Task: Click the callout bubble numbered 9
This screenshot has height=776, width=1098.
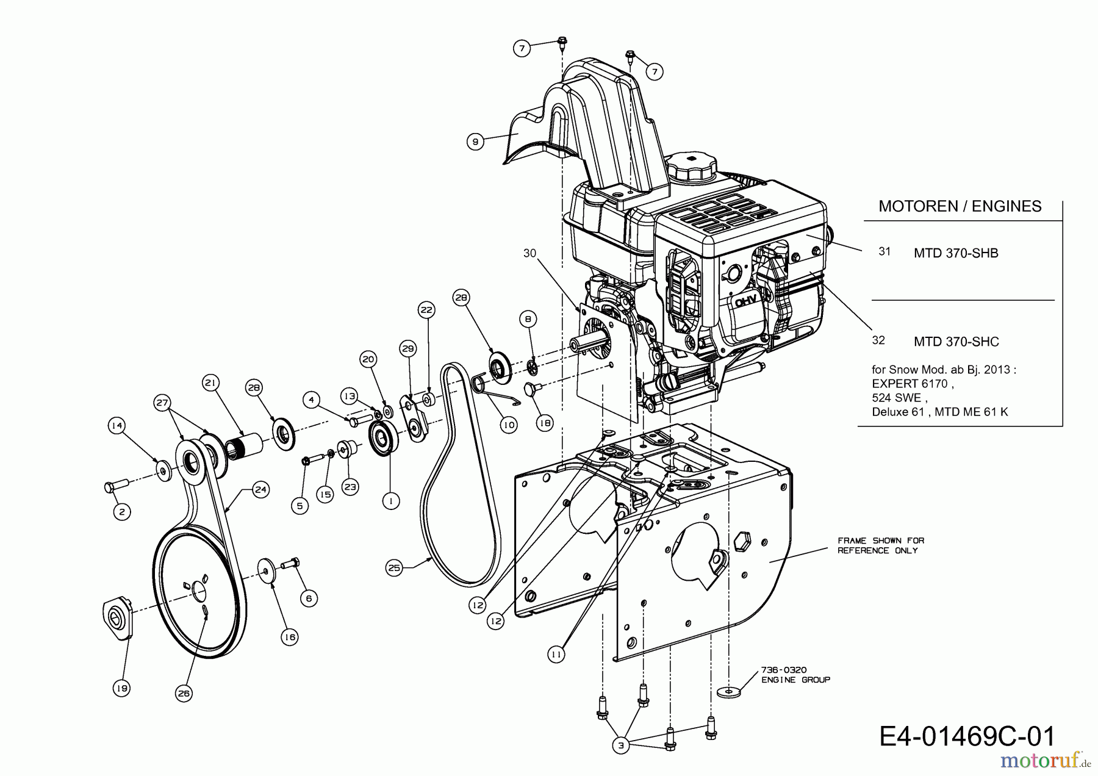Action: point(475,142)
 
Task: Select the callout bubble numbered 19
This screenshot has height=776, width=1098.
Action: point(121,688)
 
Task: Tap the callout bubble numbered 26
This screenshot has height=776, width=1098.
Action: point(184,693)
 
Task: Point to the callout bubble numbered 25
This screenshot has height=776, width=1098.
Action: point(394,568)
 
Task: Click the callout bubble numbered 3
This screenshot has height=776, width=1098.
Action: point(621,745)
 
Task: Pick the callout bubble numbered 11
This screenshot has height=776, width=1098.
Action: point(556,655)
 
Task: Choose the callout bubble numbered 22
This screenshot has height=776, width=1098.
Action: point(426,310)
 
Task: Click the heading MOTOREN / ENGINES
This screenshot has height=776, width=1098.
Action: point(960,206)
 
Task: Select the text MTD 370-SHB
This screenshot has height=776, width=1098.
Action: point(956,253)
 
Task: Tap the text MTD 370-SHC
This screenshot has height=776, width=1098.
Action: point(956,342)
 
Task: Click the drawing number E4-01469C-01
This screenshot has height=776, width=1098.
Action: point(967,736)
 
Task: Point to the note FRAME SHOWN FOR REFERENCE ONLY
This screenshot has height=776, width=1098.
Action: point(880,545)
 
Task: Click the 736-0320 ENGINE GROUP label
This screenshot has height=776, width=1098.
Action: point(795,675)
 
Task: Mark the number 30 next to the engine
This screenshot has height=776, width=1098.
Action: point(529,253)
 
